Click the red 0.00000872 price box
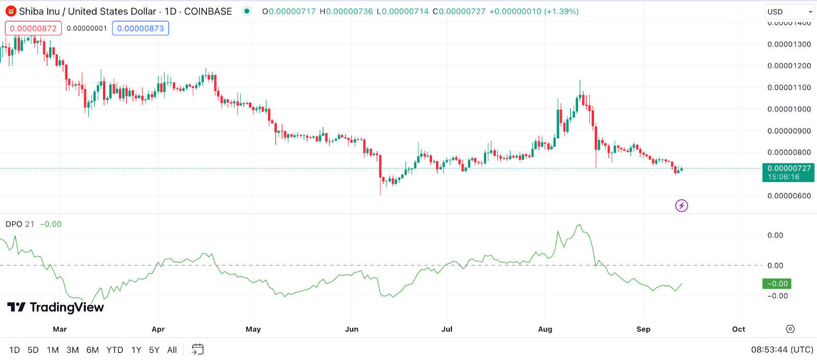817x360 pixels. tap(33, 29)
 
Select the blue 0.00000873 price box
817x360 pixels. tap(140, 29)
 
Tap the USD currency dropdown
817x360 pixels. tap(789, 12)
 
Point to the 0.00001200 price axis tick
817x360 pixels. tap(789, 66)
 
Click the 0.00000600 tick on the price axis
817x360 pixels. tap(789, 196)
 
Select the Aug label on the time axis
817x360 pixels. tap(545, 329)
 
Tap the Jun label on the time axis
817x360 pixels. tap(351, 329)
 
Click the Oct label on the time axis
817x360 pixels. tap(738, 329)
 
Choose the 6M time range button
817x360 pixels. tap(92, 350)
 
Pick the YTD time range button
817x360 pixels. tap(115, 350)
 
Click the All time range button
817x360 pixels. tap(172, 350)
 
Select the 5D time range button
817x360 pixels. tap(33, 350)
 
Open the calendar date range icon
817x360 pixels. tap(198, 350)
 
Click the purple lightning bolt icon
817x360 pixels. tap(681, 206)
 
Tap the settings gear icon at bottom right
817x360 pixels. tap(790, 329)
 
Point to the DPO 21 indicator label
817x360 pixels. tap(20, 224)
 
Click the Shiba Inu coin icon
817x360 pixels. tap(11, 11)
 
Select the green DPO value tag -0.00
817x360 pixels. tap(776, 284)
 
